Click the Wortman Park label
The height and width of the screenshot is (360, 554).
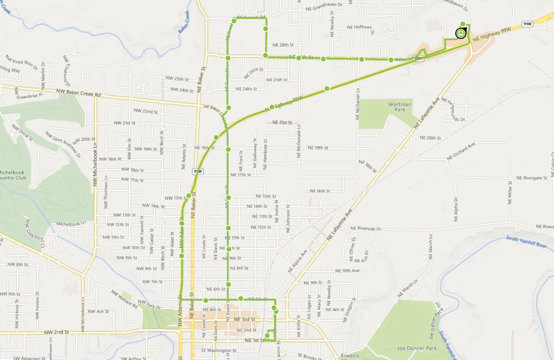[x=399, y=107]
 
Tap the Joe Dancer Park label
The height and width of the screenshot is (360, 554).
[x=417, y=348]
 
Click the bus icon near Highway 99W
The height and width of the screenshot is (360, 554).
[x=460, y=33]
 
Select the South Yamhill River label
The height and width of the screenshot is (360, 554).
[x=526, y=242]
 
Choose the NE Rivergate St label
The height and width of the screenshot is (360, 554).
[x=532, y=177]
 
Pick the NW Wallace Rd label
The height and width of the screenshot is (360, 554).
[x=124, y=299]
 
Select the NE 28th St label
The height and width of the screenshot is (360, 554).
[x=283, y=45]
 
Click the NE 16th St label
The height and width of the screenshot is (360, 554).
[x=320, y=191]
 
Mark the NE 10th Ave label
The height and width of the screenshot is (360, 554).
[x=347, y=270]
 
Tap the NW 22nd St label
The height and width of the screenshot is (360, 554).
[x=146, y=111]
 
